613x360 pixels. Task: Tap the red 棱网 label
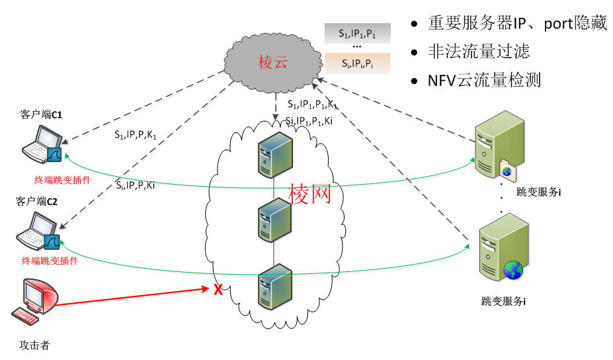point(309,193)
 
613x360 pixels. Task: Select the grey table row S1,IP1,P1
point(357,32)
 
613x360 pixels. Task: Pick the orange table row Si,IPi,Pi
point(357,64)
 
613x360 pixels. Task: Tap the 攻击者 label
point(34,345)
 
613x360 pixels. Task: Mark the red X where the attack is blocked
point(216,289)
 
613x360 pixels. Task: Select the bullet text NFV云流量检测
point(485,81)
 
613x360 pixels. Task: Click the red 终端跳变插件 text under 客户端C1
point(63,179)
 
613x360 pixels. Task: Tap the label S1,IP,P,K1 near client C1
point(135,135)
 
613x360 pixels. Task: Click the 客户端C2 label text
point(37,202)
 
